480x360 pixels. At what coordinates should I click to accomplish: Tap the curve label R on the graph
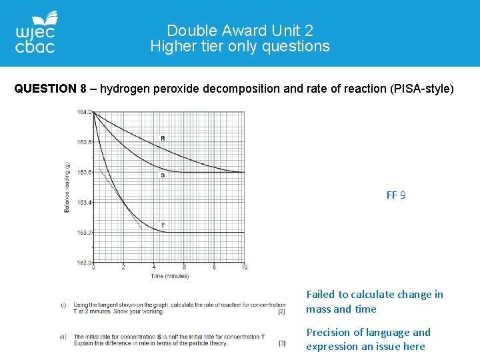163,138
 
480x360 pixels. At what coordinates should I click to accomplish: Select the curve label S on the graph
163,175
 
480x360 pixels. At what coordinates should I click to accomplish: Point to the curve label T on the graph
163,226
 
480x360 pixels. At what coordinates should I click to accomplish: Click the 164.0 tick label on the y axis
84,112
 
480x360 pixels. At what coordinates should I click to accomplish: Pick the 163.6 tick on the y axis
84,172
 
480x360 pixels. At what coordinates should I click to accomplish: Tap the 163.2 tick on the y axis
84,232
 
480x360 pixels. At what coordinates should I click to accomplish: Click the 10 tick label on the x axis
244,267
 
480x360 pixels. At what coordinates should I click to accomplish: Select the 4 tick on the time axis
153,267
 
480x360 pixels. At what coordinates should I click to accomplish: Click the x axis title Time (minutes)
169,275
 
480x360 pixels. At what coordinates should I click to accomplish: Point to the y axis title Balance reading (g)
67,187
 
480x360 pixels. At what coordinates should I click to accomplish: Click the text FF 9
396,195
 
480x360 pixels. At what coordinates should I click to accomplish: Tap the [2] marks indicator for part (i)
281,311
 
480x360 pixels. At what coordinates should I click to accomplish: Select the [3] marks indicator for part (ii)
281,343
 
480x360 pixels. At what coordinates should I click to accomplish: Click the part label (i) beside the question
63,305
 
